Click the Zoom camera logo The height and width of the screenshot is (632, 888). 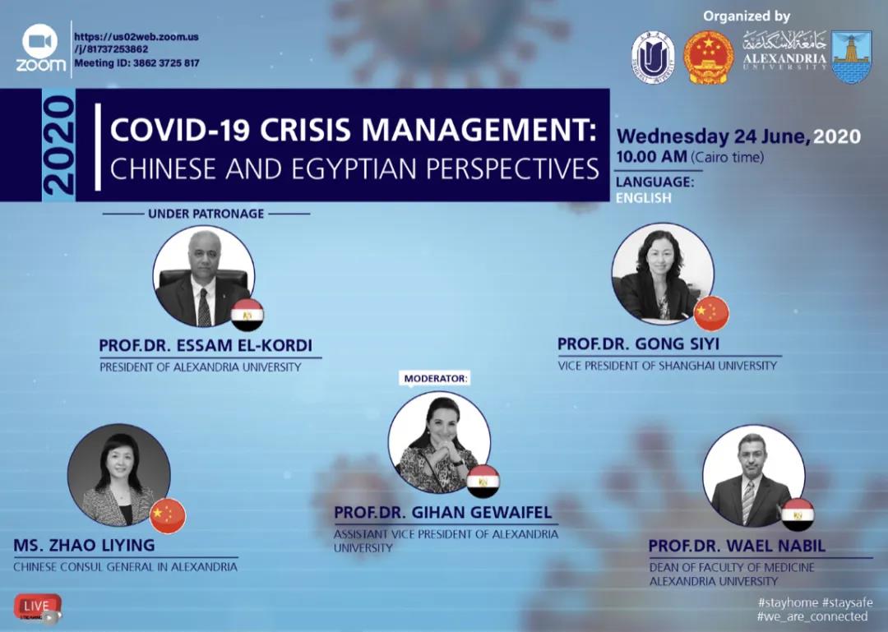point(40,41)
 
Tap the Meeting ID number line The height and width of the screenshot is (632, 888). point(137,62)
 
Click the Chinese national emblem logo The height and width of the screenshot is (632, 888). point(708,58)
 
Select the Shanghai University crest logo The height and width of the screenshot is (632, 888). point(652,58)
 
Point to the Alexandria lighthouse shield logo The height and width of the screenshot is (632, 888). point(852,57)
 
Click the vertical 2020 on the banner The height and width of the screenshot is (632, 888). point(58,145)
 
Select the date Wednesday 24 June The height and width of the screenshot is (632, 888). point(713,136)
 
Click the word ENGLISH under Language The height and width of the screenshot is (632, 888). point(643,197)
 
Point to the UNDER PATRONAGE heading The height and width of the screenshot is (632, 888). point(206,214)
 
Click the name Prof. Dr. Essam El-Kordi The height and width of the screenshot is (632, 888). point(206,345)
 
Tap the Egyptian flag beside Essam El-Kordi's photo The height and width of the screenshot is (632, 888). point(247,315)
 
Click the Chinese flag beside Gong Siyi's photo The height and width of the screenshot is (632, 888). point(711,313)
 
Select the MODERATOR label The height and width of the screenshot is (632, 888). point(436,378)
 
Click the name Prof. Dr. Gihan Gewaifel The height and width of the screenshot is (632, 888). point(443,513)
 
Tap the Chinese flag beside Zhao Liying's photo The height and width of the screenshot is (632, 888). point(169,516)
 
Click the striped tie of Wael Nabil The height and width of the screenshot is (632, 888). point(748,502)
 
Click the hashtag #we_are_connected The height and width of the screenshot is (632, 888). point(812,616)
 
